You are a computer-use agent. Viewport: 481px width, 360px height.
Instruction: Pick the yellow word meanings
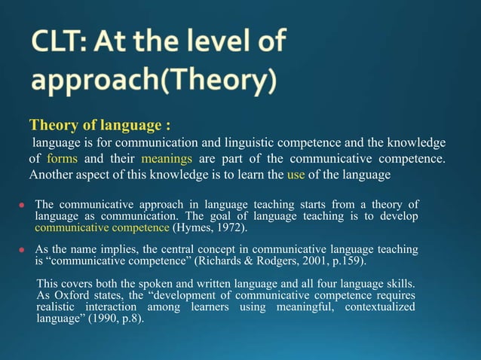[x=167, y=159]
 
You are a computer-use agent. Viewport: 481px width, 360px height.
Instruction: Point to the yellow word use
[x=296, y=175]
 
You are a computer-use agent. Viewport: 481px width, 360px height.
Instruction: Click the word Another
[x=54, y=175]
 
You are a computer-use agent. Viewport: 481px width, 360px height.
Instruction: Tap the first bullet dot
[x=23, y=205]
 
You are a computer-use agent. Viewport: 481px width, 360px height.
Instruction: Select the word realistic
[x=58, y=307]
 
